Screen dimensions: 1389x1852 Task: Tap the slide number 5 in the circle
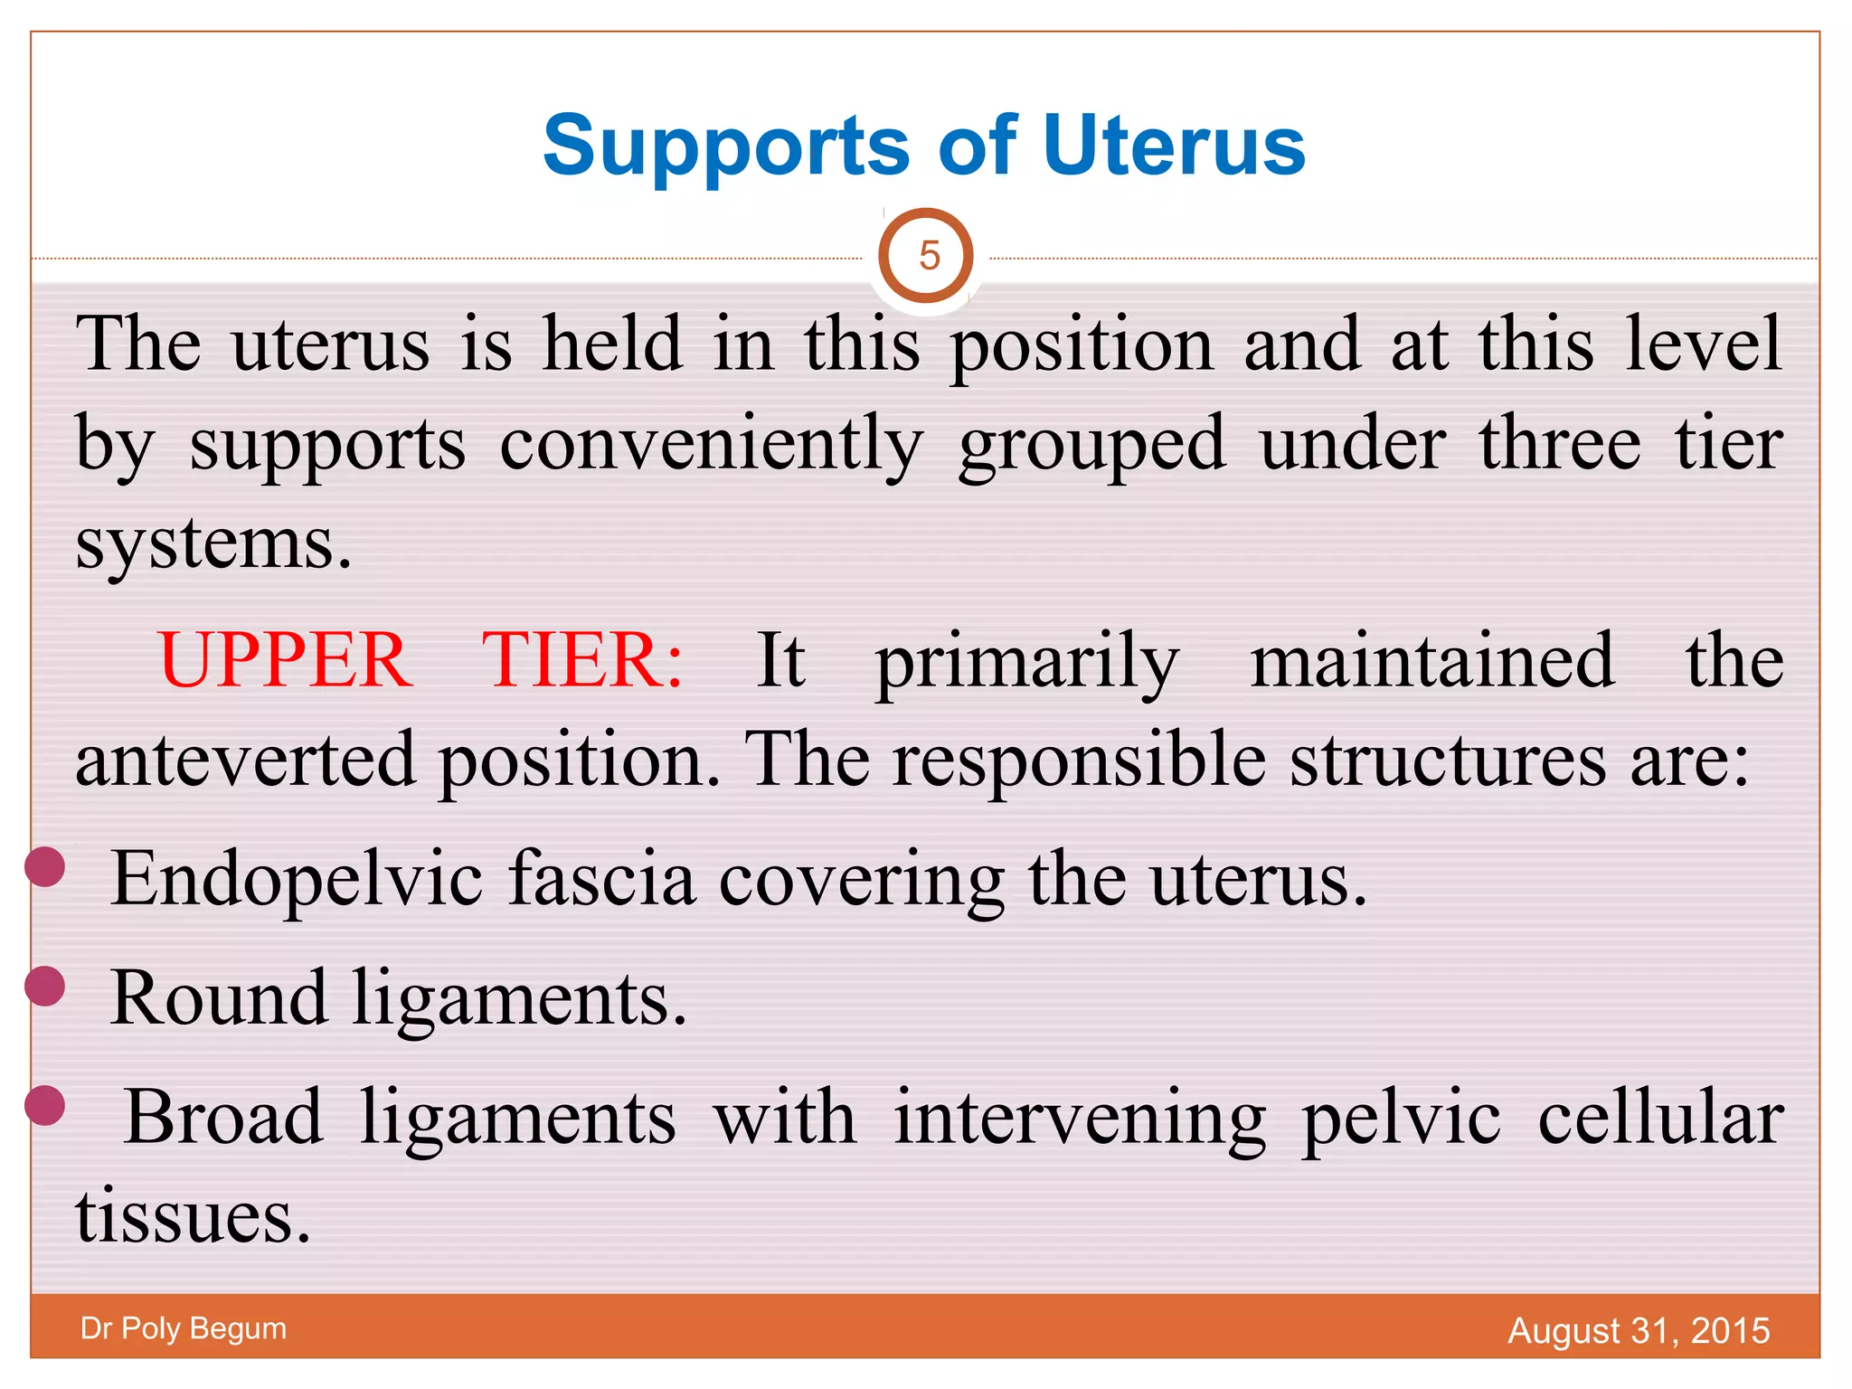928,257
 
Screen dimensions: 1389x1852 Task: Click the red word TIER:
581,660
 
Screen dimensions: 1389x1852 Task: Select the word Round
217,998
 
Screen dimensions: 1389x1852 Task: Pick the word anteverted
245,760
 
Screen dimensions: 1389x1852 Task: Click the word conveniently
711,445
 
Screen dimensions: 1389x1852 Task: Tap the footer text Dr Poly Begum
184,1328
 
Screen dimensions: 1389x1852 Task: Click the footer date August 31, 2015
1638,1330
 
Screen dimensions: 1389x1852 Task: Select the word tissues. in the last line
193,1217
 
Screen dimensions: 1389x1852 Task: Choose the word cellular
1660,1118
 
